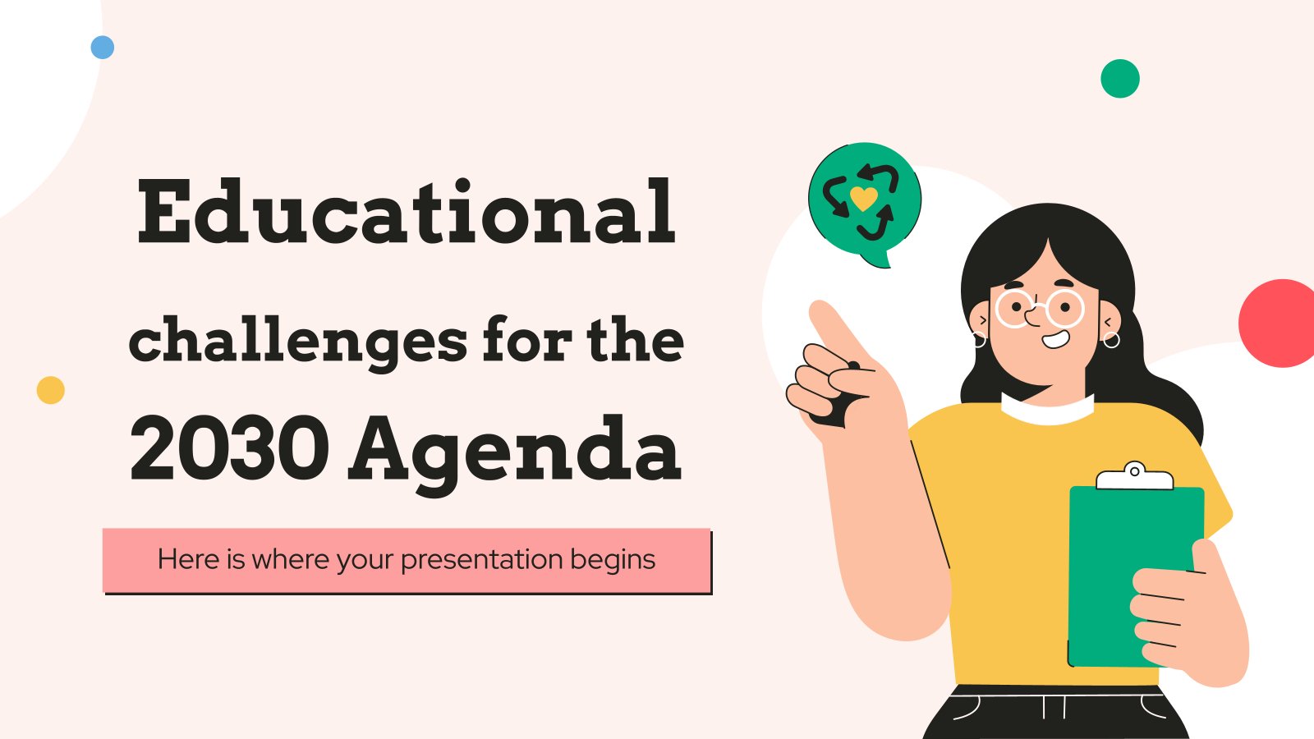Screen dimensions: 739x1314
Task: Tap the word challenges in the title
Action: pos(297,342)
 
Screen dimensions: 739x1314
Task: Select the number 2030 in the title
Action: pos(229,449)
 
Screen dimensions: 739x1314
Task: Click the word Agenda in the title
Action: pos(515,452)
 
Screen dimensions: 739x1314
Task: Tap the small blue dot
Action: pos(103,48)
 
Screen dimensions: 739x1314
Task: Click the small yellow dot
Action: pos(51,390)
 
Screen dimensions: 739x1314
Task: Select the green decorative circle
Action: pos(1120,79)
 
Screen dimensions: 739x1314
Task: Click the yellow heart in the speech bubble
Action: pos(863,198)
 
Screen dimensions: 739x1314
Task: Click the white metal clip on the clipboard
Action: pos(1134,475)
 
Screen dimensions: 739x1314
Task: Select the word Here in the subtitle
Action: pos(189,560)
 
